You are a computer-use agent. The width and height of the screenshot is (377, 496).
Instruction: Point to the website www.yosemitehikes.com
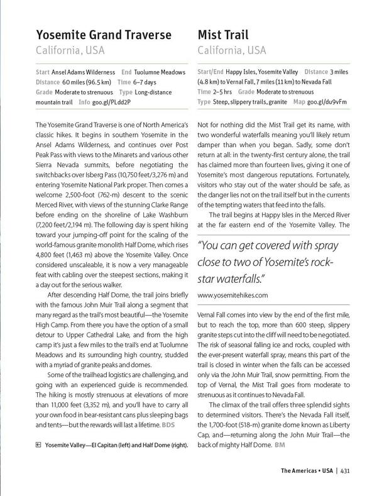point(233,294)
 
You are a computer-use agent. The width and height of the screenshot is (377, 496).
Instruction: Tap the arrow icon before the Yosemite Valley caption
point(39,444)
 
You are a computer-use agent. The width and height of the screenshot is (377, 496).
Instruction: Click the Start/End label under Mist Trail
point(212,73)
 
